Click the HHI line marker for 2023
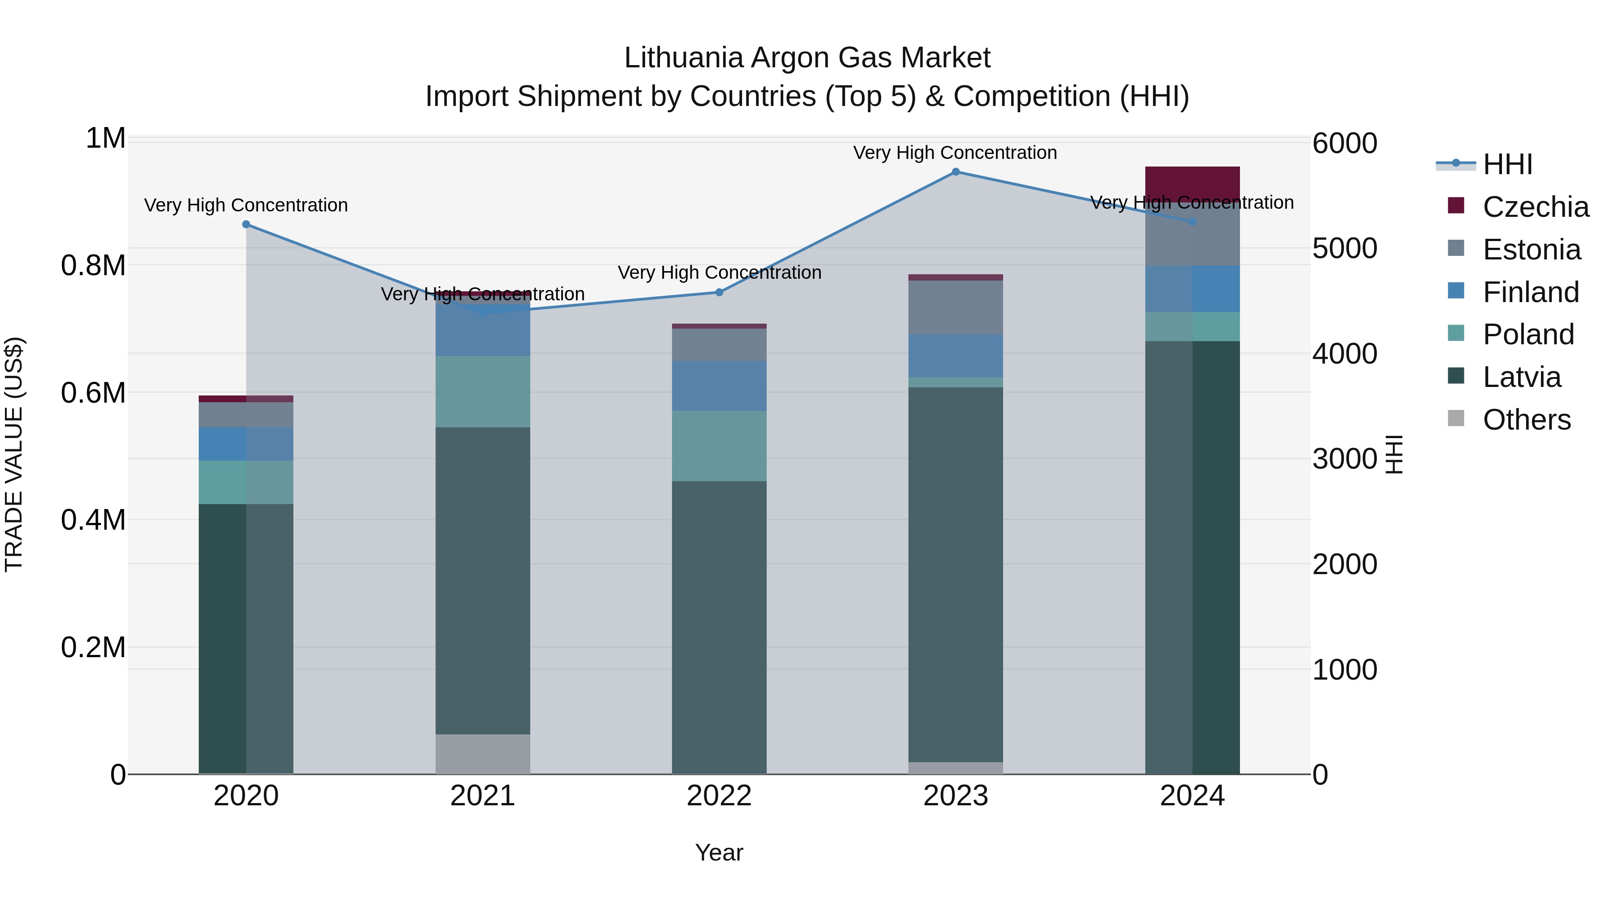[x=956, y=172]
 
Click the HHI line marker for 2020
[x=246, y=224]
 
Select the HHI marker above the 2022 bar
[x=719, y=292]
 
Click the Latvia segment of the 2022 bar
[x=719, y=628]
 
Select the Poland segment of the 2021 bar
[x=483, y=391]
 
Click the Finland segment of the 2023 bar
[x=956, y=356]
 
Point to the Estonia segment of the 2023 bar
[x=956, y=307]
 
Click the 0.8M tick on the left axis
[x=93, y=265]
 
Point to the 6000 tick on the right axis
[x=1345, y=143]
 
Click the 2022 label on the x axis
[x=719, y=795]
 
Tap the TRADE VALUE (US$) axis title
[x=14, y=454]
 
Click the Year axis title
[x=719, y=852]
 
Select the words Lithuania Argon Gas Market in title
[x=807, y=58]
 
